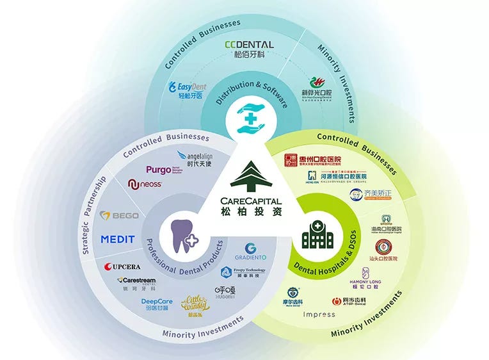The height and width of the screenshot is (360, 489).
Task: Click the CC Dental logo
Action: pyautogui.click(x=249, y=49)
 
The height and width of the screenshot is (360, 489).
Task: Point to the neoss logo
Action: pyautogui.click(x=145, y=185)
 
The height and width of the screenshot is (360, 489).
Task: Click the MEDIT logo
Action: pyautogui.click(x=118, y=240)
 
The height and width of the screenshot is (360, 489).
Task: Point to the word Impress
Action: pyautogui.click(x=319, y=315)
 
